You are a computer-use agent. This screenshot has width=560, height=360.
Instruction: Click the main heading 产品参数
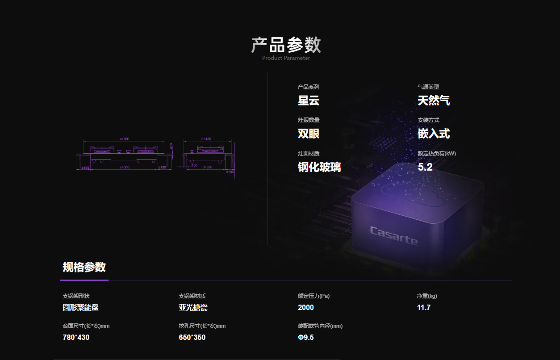tap(286, 45)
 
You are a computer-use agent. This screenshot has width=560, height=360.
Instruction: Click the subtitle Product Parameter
tap(286, 58)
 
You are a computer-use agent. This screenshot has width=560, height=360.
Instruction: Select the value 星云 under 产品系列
tap(309, 100)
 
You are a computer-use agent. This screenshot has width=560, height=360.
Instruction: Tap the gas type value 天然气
tap(434, 100)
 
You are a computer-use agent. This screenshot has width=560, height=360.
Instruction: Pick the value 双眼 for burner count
tap(309, 134)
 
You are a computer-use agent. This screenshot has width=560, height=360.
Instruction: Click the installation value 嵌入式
tap(434, 134)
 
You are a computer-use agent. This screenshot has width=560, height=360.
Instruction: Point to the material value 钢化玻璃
tap(319, 167)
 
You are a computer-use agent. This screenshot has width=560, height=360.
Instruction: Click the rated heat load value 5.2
tap(425, 167)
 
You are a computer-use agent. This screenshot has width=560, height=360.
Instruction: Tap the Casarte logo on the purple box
tap(394, 235)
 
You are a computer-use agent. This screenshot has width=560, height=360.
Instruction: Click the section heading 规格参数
tap(84, 267)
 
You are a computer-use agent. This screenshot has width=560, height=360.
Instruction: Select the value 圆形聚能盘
tap(80, 307)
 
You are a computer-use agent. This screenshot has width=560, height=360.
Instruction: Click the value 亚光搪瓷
tap(193, 307)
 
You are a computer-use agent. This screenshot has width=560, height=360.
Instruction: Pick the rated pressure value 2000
tap(306, 307)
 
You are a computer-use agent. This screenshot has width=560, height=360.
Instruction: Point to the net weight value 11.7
tap(424, 307)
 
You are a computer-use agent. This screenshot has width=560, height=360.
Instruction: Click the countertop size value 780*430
tap(76, 337)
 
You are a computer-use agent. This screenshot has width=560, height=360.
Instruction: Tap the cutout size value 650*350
tap(192, 337)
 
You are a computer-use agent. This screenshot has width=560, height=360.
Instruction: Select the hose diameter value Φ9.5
tap(306, 337)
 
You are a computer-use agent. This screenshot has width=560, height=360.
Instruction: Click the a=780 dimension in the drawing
tap(124, 139)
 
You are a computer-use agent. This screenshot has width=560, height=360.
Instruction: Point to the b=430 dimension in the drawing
tap(206, 139)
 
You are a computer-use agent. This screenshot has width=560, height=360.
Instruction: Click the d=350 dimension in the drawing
tap(207, 167)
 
